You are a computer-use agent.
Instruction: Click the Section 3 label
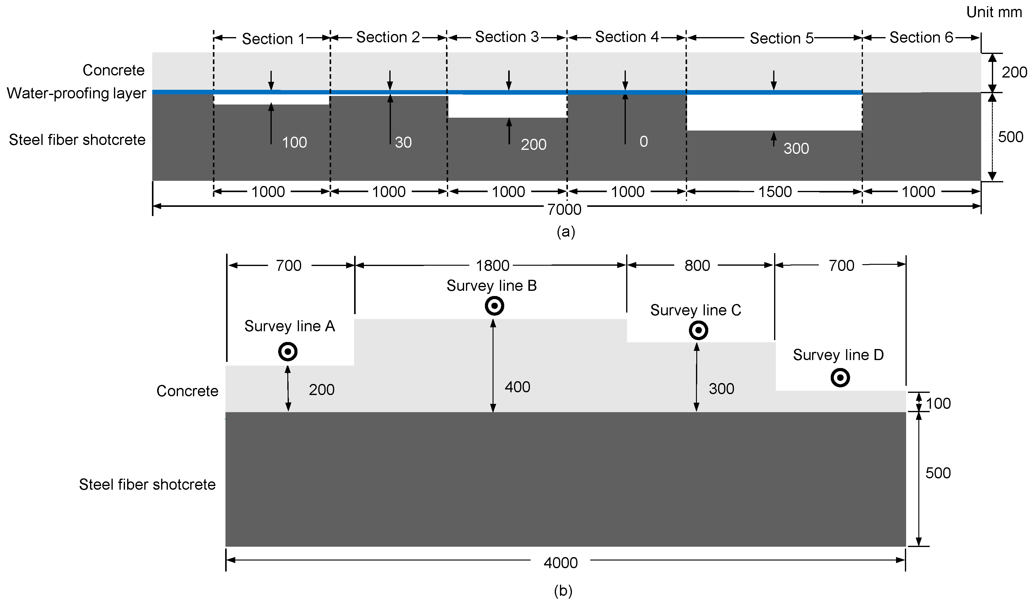click(506, 37)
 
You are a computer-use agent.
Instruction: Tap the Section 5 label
click(781, 38)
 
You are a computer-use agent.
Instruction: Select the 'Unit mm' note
click(994, 12)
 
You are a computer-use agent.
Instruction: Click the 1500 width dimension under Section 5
click(774, 192)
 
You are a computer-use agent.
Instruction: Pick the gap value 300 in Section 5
click(796, 148)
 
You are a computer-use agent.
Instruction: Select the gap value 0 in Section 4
click(643, 142)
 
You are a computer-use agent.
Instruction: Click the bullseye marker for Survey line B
click(494, 306)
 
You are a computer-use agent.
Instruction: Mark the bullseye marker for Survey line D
click(840, 378)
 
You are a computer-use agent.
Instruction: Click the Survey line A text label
click(289, 326)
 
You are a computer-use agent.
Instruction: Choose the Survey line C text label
click(695, 310)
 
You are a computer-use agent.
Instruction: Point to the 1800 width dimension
click(492, 266)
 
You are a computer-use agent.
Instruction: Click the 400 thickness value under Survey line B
click(517, 387)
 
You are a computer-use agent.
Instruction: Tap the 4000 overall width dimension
click(560, 562)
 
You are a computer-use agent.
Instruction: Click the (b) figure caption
click(563, 591)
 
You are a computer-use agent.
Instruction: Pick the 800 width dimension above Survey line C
click(697, 266)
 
